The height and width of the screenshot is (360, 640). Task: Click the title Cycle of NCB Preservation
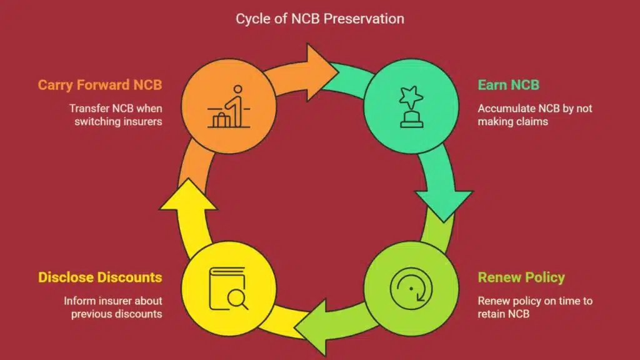click(x=319, y=19)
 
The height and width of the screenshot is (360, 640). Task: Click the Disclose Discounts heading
click(x=100, y=277)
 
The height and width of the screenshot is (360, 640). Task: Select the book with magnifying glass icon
click(x=228, y=289)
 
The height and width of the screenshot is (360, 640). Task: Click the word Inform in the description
click(x=79, y=301)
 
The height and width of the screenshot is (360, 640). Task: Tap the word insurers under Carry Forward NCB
click(x=138, y=121)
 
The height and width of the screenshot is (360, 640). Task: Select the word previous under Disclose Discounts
click(x=92, y=314)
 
